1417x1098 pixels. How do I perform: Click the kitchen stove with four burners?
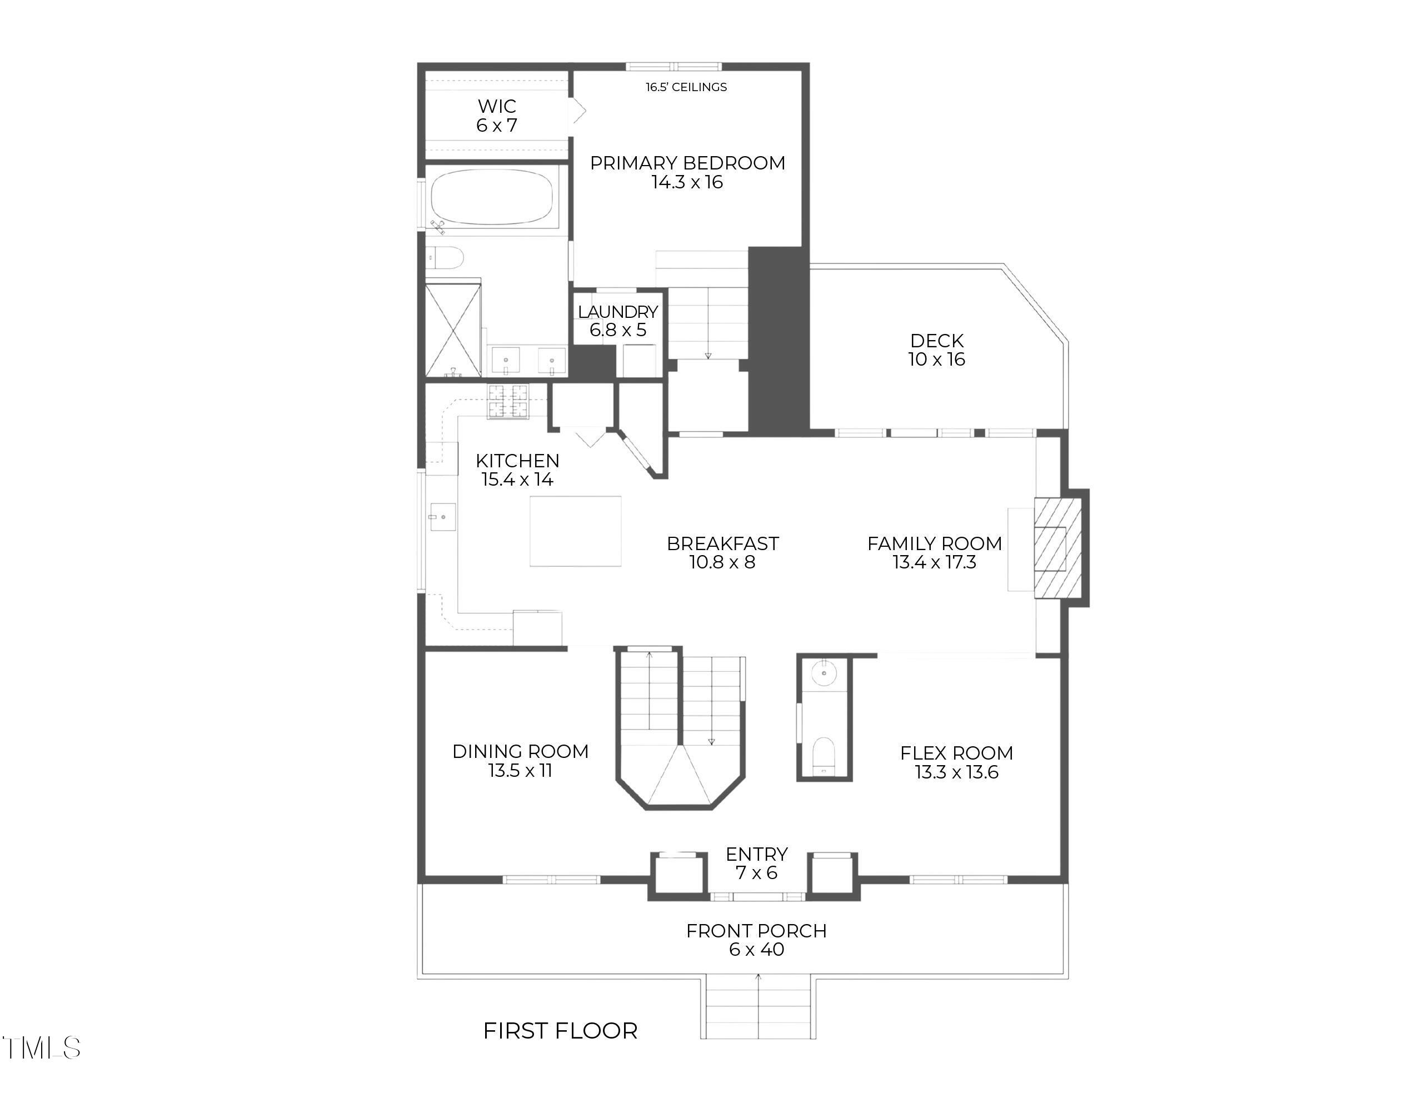pos(508,401)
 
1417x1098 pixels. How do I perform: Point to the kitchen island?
pos(576,531)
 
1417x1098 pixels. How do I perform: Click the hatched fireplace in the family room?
pos(1058,548)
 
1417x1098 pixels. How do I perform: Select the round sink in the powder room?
pos(824,673)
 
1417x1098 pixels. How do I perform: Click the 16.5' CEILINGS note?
pos(686,87)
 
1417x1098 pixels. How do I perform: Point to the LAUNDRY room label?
pos(618,312)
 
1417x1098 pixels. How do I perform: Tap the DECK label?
pos(937,341)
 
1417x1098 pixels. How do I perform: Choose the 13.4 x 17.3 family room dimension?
pos(934,562)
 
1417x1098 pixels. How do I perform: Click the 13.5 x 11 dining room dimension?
pos(520,770)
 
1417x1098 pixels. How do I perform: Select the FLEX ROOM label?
pos(956,753)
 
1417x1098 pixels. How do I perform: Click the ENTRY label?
pos(756,854)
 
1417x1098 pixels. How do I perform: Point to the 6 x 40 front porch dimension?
pos(756,950)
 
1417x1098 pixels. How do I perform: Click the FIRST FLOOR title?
pos(561,1031)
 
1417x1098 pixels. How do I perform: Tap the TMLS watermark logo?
pos(42,1047)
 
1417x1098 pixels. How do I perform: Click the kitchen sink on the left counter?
pos(443,517)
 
